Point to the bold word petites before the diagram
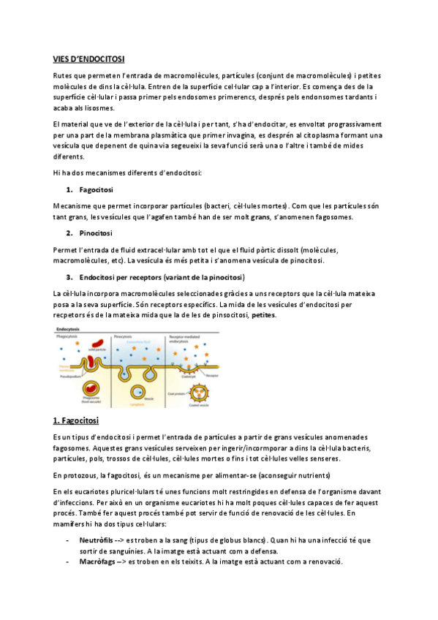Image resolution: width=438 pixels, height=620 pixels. [264, 315]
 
